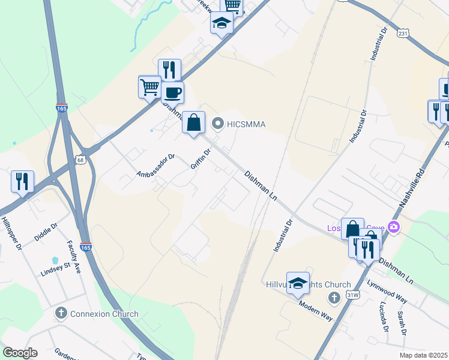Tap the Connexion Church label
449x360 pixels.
pos(104,314)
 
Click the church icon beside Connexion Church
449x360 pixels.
pos(60,313)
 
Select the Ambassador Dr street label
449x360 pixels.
pos(155,166)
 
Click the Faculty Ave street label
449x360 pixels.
pos(73,257)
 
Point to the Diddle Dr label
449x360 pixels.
pos(46,232)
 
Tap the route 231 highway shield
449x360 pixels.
pos(402,35)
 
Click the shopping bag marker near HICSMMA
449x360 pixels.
pos(193,123)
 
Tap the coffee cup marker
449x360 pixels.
pos(172,93)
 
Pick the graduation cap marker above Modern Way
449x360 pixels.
pos(298,283)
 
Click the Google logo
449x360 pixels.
pos(20,353)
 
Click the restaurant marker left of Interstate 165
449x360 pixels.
pos(22,181)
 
